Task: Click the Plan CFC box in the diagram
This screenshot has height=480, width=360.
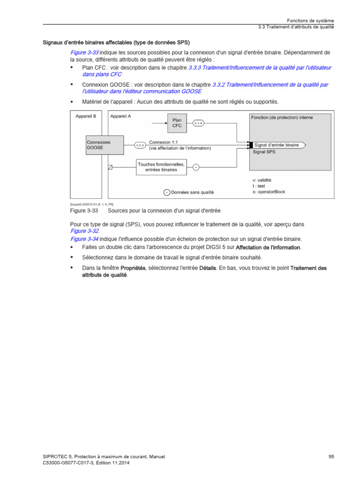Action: click(x=177, y=122)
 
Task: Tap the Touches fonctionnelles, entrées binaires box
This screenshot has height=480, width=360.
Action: click(x=161, y=166)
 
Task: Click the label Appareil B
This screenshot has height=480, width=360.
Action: click(x=86, y=116)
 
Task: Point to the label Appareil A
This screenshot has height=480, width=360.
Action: click(x=121, y=116)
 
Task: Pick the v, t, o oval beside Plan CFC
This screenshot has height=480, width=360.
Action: click(x=198, y=123)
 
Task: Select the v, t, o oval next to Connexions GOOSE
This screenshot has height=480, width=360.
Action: click(x=140, y=145)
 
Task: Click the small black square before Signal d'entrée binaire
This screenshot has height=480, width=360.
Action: click(x=251, y=145)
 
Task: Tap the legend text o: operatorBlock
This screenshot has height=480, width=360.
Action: click(x=269, y=192)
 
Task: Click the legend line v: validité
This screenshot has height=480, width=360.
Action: click(x=262, y=180)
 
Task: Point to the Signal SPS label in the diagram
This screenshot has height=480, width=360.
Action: click(x=264, y=152)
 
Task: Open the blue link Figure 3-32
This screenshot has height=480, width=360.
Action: click(x=85, y=231)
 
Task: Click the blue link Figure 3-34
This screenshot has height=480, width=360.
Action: click(x=85, y=239)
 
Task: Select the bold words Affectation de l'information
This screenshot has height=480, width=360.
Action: click(x=268, y=247)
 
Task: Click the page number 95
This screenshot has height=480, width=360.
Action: click(x=331, y=457)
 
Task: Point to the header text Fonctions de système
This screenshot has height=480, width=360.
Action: click(x=310, y=21)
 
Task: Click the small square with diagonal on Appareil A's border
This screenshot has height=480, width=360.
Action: click(x=110, y=167)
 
